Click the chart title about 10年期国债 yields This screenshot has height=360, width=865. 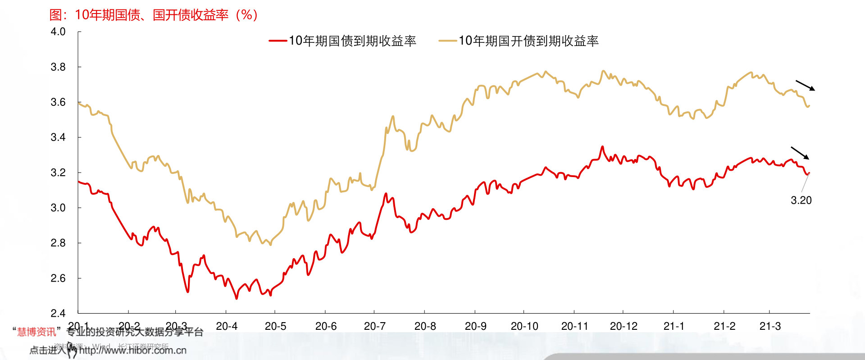click(154, 15)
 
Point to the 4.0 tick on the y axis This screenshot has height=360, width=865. click(58, 32)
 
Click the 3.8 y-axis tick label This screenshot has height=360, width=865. click(58, 67)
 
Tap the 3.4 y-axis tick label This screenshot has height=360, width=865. click(58, 137)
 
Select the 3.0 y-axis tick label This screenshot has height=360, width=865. click(58, 208)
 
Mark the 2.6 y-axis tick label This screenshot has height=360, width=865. click(58, 278)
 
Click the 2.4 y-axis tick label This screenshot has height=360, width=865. click(58, 313)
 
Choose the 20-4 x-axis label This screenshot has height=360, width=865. click(227, 326)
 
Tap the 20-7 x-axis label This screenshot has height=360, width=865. click(375, 326)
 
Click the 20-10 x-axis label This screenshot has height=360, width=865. click(524, 326)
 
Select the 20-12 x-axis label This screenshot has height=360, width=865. click(624, 326)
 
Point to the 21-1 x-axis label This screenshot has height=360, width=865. click(674, 326)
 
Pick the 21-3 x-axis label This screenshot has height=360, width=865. click(770, 326)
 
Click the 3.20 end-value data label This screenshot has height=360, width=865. click(801, 201)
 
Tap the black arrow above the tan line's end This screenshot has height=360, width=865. click(805, 86)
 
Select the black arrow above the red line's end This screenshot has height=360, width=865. click(800, 153)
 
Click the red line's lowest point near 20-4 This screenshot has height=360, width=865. click(237, 298)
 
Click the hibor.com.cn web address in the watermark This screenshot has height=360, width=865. click(132, 351)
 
